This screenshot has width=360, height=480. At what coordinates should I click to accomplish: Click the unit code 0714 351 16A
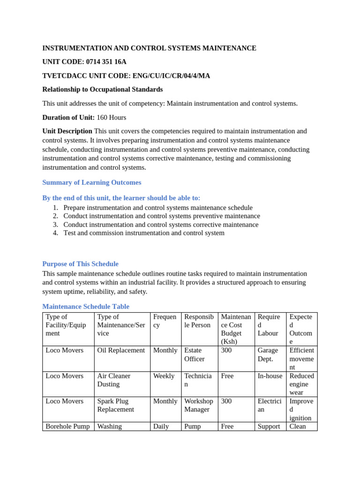(x=106, y=62)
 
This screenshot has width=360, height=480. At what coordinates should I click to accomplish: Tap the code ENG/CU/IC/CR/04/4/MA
(x=171, y=76)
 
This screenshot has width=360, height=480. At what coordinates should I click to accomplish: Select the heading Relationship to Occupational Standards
(x=103, y=90)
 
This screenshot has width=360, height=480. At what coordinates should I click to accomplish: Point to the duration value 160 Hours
(x=111, y=118)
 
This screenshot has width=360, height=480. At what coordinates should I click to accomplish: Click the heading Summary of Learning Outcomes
(x=92, y=182)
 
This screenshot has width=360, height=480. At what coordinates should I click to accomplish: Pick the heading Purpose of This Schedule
(x=81, y=264)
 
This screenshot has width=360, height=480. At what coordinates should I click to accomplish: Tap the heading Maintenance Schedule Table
(x=86, y=307)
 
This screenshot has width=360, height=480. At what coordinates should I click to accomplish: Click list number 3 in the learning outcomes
(x=55, y=225)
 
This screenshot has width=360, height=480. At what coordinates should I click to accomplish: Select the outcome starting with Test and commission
(x=144, y=233)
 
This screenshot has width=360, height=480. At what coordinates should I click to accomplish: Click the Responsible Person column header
(x=199, y=321)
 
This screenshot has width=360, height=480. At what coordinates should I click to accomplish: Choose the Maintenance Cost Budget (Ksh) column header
(x=236, y=329)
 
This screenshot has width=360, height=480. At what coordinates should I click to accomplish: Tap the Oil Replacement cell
(x=121, y=351)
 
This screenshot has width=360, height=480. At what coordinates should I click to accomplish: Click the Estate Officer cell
(x=195, y=355)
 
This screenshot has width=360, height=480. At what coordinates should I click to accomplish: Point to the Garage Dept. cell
(x=268, y=355)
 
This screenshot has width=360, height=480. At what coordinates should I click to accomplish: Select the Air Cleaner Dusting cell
(x=114, y=380)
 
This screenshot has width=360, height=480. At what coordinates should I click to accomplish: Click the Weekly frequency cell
(x=164, y=376)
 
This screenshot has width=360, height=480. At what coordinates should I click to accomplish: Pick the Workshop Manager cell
(x=199, y=405)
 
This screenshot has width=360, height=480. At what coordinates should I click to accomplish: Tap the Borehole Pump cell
(x=68, y=427)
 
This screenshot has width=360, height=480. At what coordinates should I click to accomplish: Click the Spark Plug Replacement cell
(x=116, y=405)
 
